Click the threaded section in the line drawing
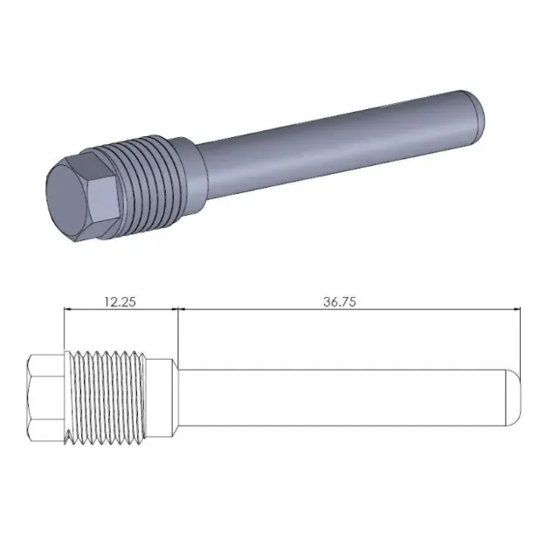pyautogui.click(x=107, y=396)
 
